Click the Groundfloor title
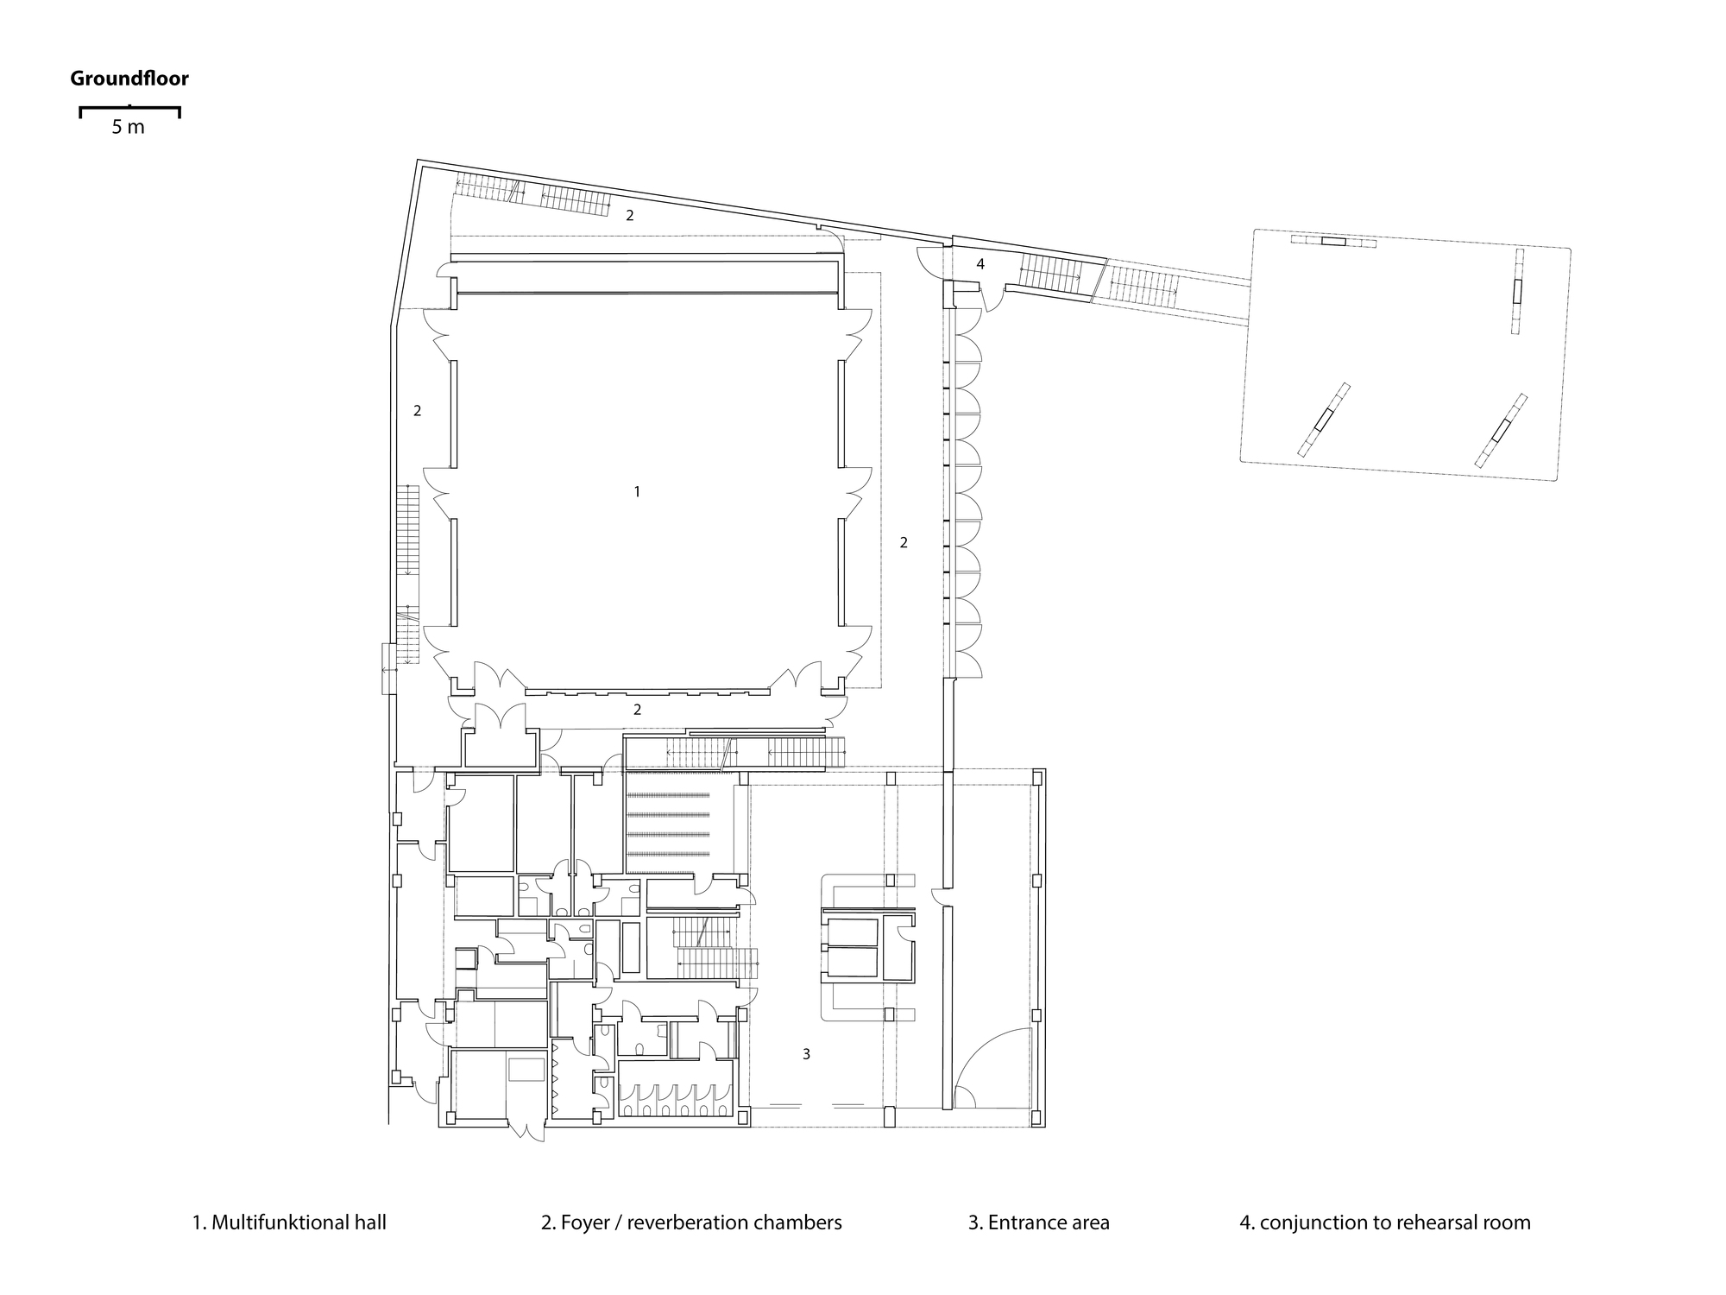point(129,79)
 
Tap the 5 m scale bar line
point(129,109)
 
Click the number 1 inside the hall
point(637,491)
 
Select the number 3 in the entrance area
point(806,1054)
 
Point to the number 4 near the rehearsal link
point(980,264)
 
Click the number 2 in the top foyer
point(630,216)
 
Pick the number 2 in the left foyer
point(417,411)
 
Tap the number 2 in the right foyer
point(904,543)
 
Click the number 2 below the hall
point(637,710)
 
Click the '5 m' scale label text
point(129,128)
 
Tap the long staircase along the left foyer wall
point(407,574)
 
